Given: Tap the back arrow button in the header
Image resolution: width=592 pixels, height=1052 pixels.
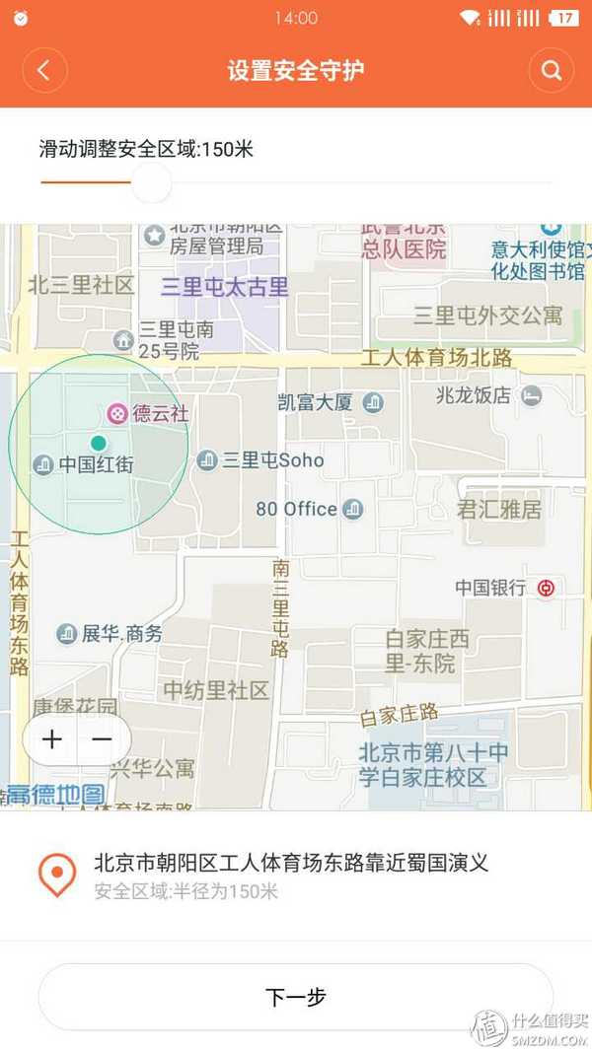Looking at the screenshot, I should point(45,70).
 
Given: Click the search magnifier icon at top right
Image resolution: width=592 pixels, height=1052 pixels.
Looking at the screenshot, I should point(551,70).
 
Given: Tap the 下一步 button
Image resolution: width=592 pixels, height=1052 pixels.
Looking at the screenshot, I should point(296,997).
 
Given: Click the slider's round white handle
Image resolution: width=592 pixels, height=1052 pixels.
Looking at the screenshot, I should point(151,182).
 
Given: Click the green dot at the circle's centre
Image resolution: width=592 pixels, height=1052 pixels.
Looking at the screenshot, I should point(98,443).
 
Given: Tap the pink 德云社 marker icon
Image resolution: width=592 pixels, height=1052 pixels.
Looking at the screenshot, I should point(117,413).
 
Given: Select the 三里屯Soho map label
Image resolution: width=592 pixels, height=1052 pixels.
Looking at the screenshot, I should point(272,459).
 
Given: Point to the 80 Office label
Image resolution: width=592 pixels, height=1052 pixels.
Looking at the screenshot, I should point(297,509).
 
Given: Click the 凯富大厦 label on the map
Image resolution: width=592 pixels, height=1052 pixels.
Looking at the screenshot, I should point(315,402).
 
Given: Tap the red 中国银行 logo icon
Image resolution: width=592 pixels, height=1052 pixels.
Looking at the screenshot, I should point(546,589).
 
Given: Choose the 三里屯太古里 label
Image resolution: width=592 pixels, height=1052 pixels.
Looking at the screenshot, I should point(225,287).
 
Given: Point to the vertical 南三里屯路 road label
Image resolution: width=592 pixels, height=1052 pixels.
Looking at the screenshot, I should point(281,607).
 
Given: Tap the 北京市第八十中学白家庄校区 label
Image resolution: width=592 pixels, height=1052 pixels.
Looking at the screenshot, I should point(434,765).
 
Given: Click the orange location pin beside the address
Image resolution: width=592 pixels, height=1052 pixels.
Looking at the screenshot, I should point(57,875).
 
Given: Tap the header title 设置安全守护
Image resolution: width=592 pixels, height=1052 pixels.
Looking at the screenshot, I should point(296,70).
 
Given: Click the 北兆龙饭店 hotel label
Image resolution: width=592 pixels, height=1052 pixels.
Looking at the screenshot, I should point(474,395).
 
